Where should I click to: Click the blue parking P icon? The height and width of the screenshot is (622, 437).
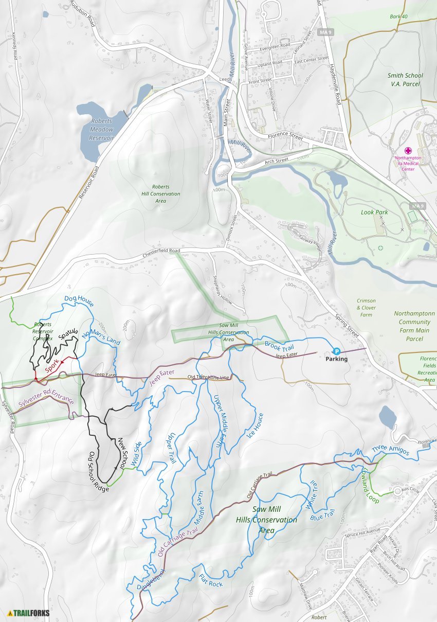pyautogui.click(x=331, y=350)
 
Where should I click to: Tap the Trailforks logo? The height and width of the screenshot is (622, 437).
pyautogui.click(x=25, y=613)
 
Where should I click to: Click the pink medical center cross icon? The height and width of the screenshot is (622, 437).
pyautogui.click(x=408, y=151)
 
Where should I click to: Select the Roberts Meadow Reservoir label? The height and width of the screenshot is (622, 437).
pyautogui.click(x=101, y=130)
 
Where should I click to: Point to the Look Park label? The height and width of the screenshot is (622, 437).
pyautogui.click(x=374, y=212)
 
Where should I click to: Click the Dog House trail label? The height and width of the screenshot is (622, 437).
pyautogui.click(x=79, y=301)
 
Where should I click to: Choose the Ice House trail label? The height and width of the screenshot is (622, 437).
pyautogui.click(x=256, y=425)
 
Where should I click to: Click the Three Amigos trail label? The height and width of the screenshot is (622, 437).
pyautogui.click(x=390, y=451)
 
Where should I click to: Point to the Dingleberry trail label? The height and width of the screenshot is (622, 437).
pyautogui.click(x=150, y=579)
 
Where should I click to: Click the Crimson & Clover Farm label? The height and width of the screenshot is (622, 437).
pyautogui.click(x=366, y=308)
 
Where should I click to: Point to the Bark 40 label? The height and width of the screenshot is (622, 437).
pyautogui.click(x=398, y=17)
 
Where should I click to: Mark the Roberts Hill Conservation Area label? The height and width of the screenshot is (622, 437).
pyautogui.click(x=160, y=194)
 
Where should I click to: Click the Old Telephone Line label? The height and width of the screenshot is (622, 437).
pyautogui.click(x=208, y=378)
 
